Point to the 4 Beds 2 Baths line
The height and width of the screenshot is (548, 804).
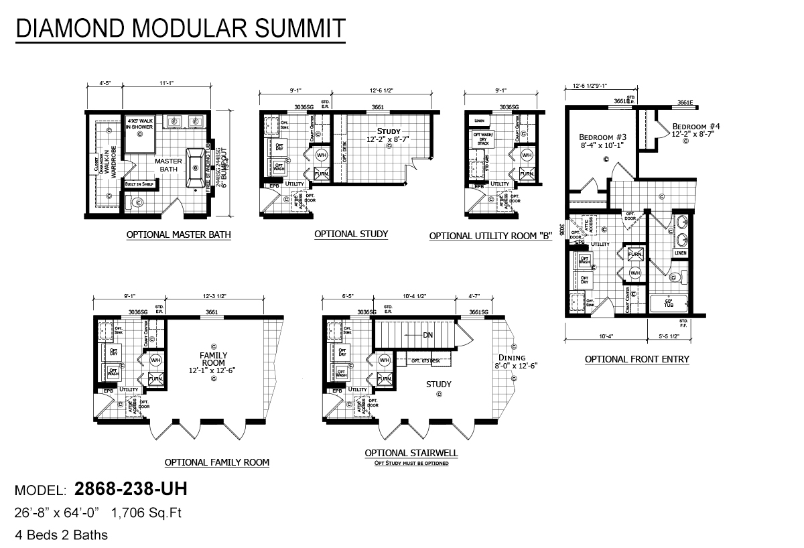click(x=61, y=535)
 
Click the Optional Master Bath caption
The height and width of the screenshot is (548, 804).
click(x=178, y=235)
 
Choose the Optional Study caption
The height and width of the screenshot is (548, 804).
click(x=351, y=234)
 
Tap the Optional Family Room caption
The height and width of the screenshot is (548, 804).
click(x=217, y=462)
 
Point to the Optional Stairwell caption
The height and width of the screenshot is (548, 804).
click(x=411, y=453)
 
